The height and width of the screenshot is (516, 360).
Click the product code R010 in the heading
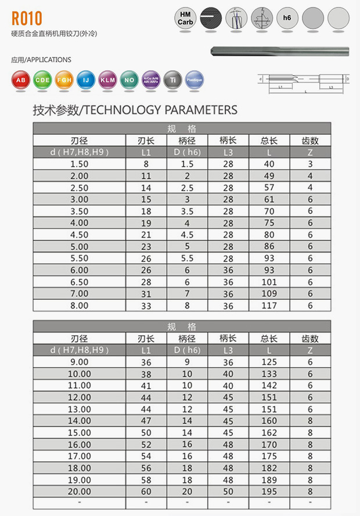(27, 18)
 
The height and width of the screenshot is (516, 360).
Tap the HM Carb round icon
(185, 18)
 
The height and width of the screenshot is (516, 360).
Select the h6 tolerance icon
(287, 18)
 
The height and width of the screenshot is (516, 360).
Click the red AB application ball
(20, 80)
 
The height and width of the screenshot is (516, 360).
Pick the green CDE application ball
(42, 80)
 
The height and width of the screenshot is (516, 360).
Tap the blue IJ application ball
(85, 80)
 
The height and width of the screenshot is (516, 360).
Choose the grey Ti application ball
(172, 80)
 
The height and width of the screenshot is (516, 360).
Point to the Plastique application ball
(193, 80)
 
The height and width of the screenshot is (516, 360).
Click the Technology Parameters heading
(135, 110)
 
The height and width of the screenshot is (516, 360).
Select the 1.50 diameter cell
(79, 164)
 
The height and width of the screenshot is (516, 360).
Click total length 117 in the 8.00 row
(269, 306)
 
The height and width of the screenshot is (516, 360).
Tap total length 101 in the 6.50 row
(269, 282)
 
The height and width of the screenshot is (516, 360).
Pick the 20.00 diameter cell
(79, 492)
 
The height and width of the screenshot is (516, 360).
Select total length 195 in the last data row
(269, 492)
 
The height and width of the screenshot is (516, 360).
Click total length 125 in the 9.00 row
(269, 362)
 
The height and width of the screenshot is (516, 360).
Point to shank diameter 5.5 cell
(186, 258)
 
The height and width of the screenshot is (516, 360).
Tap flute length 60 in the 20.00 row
(146, 492)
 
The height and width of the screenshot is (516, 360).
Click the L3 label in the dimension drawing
(330, 87)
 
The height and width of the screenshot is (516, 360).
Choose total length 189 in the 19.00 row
(269, 480)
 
